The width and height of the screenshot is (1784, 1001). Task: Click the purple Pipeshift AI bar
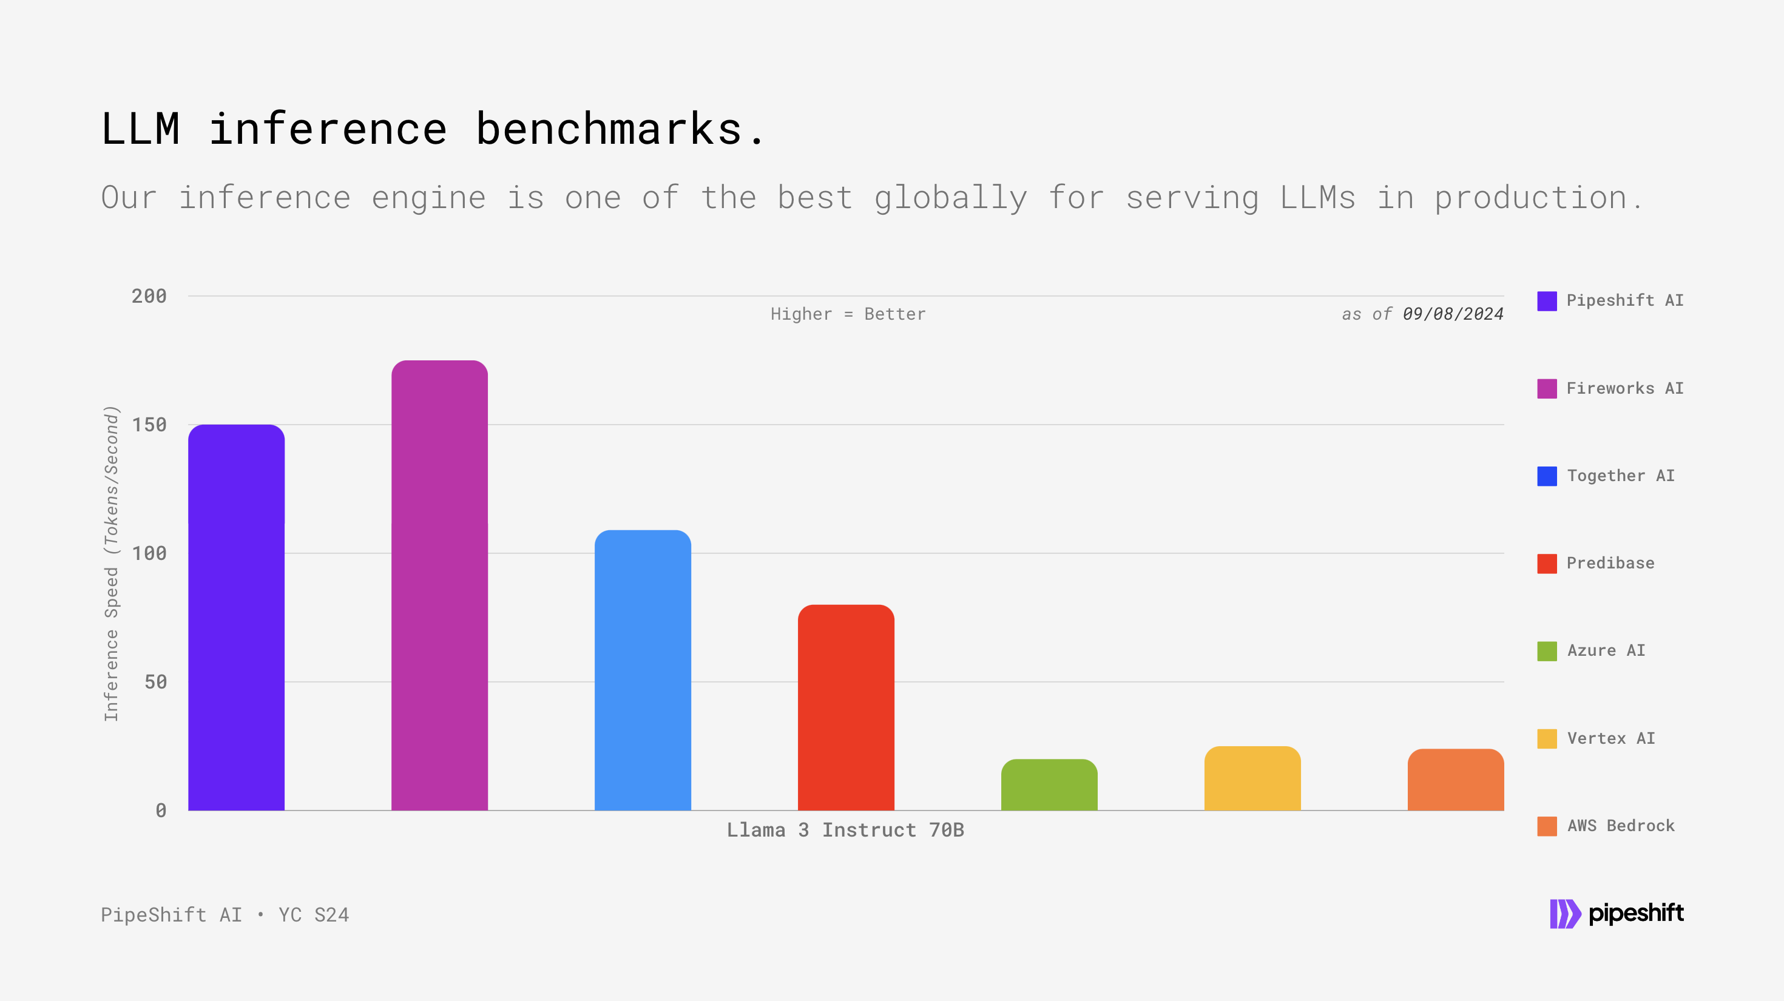tap(236, 618)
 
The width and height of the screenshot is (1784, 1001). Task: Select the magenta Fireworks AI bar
tap(439, 585)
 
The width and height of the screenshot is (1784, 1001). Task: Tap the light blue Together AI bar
tap(643, 670)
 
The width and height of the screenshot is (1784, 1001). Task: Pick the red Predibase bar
tap(846, 707)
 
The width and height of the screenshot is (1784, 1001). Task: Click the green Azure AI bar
tap(1049, 785)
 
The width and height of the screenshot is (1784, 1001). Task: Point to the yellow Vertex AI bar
tap(1252, 778)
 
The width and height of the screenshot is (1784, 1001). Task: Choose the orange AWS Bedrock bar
tap(1455, 780)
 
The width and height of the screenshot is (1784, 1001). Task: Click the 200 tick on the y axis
tap(149, 296)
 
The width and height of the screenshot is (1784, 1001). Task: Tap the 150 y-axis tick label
tap(149, 425)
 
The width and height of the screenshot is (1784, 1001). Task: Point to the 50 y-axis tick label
tap(155, 682)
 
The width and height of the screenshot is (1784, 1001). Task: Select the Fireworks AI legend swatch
tap(1547, 388)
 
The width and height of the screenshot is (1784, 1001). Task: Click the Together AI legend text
tap(1621, 476)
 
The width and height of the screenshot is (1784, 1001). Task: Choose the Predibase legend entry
tap(1610, 563)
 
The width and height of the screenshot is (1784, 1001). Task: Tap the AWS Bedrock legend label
tap(1621, 825)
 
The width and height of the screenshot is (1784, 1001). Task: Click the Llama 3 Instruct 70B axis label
tap(845, 829)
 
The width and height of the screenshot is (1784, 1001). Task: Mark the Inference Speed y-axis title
tap(112, 564)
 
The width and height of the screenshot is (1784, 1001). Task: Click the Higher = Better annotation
tap(848, 314)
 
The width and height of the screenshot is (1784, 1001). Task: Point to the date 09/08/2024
tap(1452, 314)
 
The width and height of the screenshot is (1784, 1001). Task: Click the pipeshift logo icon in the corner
tap(1564, 914)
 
